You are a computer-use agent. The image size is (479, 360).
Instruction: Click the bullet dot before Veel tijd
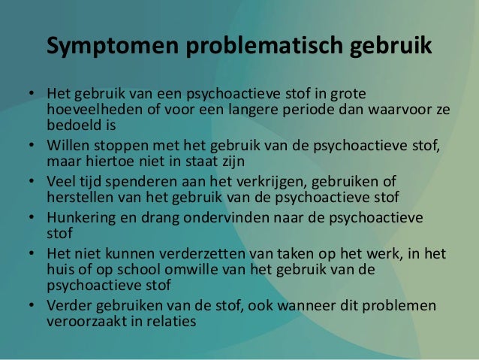tap(34, 183)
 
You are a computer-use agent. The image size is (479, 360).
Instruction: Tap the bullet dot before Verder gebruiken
tap(34, 306)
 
